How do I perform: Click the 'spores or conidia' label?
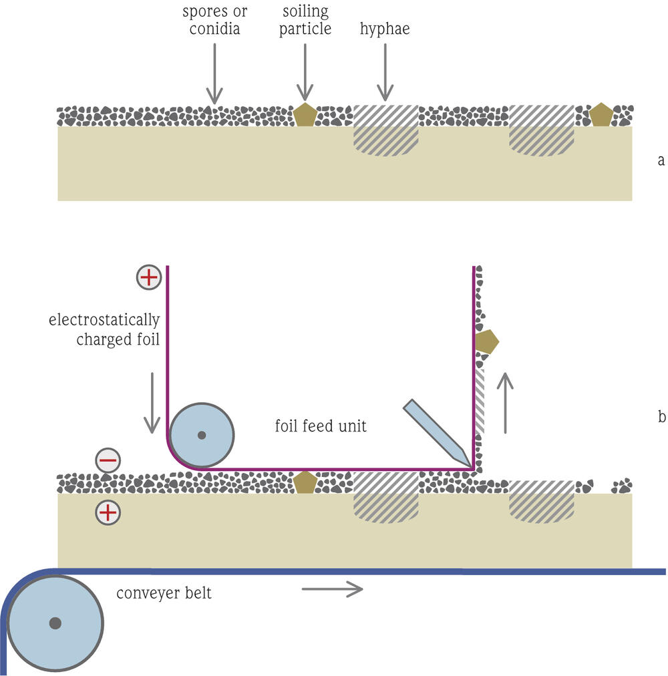click(214, 21)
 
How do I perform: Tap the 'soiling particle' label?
click(305, 21)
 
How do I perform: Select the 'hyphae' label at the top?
click(385, 29)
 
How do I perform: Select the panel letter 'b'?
click(661, 416)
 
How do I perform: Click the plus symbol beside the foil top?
click(148, 277)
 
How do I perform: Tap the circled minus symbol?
click(108, 460)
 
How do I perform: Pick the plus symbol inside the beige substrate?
click(108, 512)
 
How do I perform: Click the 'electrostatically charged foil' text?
click(105, 329)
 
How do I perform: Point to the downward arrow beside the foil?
click(152, 401)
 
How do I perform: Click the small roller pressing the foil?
click(201, 435)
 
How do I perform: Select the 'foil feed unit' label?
click(321, 426)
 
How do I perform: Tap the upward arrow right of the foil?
click(506, 403)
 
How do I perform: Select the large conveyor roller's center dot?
click(55, 623)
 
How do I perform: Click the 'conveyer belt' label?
click(164, 593)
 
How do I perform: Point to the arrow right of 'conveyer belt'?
click(332, 588)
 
